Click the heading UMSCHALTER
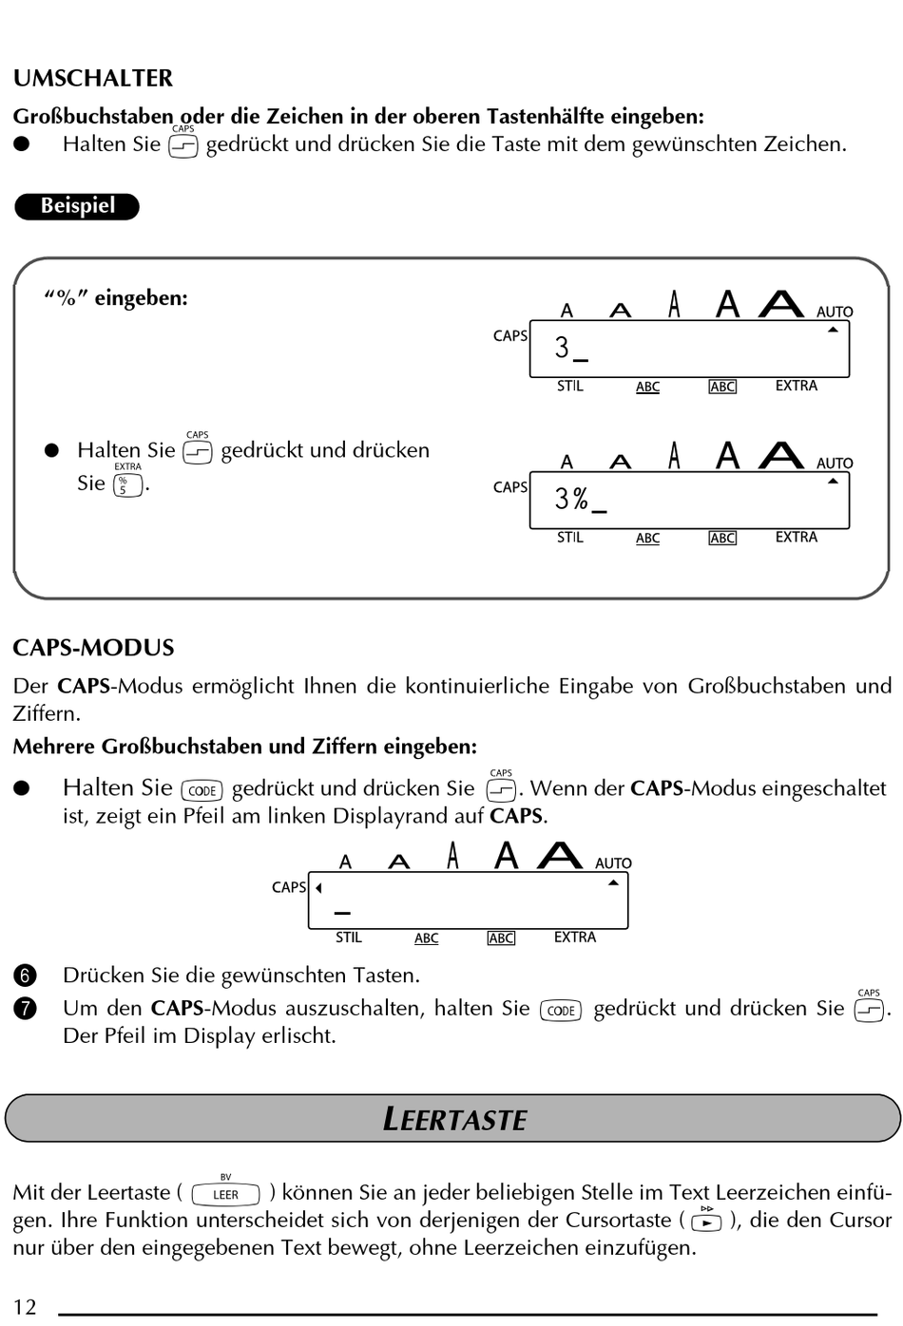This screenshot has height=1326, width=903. click(93, 78)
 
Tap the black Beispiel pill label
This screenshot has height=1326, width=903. click(77, 206)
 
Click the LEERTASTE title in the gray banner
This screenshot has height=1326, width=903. click(454, 1119)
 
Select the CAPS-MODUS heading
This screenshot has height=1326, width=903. click(93, 648)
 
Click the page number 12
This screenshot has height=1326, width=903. click(25, 1307)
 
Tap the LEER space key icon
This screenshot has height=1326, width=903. click(225, 1194)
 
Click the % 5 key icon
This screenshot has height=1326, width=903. click(127, 485)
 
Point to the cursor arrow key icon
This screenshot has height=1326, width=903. click(706, 1222)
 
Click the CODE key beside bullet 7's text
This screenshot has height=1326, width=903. click(561, 1011)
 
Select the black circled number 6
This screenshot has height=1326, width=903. click(25, 976)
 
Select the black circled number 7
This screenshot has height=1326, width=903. click(25, 1009)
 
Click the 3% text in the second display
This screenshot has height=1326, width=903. click(572, 499)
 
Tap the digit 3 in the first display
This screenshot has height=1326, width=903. click(562, 348)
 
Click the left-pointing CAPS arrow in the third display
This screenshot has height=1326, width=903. click(318, 888)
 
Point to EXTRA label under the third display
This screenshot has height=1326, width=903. click(575, 938)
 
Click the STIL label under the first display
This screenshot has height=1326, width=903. click(570, 386)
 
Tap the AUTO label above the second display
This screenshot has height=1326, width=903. click(835, 464)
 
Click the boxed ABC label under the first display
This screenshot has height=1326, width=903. click(722, 387)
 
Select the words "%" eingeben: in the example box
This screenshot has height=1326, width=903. click(116, 298)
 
